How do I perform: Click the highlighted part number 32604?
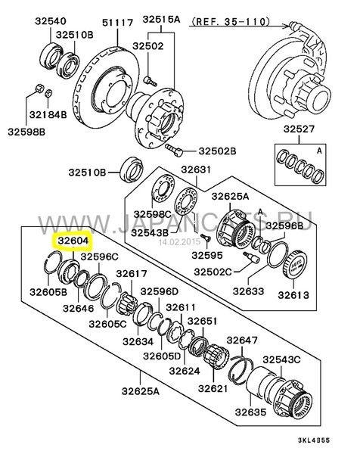click(x=73, y=241)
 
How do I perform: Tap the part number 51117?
click(x=118, y=23)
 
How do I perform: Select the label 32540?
click(x=51, y=21)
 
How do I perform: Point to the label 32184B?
click(x=48, y=115)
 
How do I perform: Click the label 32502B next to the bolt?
click(x=217, y=151)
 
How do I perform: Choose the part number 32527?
click(x=299, y=129)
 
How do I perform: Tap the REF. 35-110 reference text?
click(x=231, y=21)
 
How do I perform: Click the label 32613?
click(x=293, y=295)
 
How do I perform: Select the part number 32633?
click(x=248, y=291)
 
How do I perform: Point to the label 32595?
click(x=207, y=255)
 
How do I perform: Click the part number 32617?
click(x=132, y=273)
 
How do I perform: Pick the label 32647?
click(x=242, y=340)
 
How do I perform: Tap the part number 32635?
click(x=250, y=412)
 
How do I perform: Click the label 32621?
click(x=213, y=388)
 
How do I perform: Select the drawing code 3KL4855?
click(x=314, y=440)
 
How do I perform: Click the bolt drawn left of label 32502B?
click(x=174, y=150)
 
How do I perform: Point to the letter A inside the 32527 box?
click(x=319, y=151)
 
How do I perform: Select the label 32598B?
click(x=26, y=132)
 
